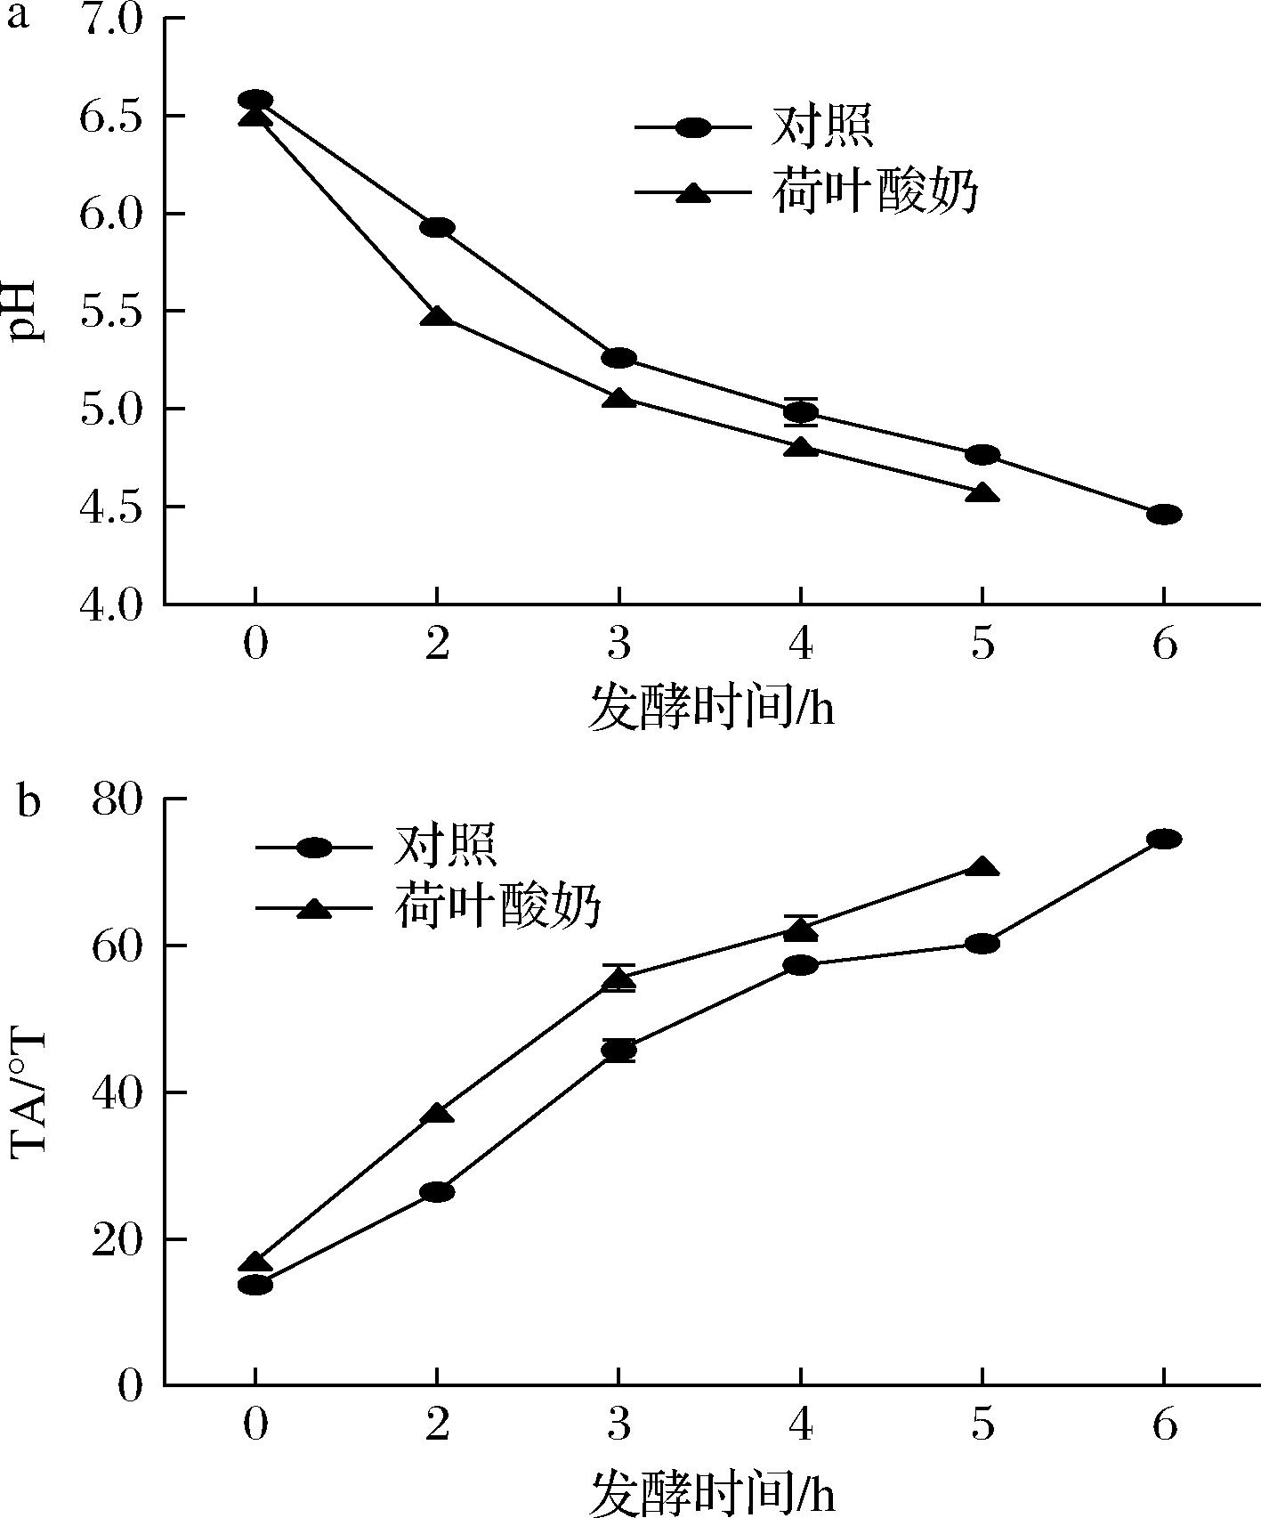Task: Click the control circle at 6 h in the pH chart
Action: click(x=1164, y=515)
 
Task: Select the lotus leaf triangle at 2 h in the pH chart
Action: click(x=437, y=316)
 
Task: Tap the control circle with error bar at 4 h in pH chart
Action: click(x=801, y=412)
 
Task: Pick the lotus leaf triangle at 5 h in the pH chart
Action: click(x=982, y=493)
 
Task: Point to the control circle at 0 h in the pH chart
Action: click(x=255, y=100)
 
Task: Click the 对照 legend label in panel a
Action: click(x=821, y=126)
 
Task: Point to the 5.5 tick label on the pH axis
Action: click(x=110, y=312)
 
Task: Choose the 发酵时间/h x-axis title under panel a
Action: click(x=711, y=710)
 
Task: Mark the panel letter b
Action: click(x=28, y=801)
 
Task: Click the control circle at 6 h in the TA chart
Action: click(x=1164, y=839)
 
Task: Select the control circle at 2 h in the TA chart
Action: click(x=437, y=1192)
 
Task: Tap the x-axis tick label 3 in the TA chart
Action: click(x=618, y=1425)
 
